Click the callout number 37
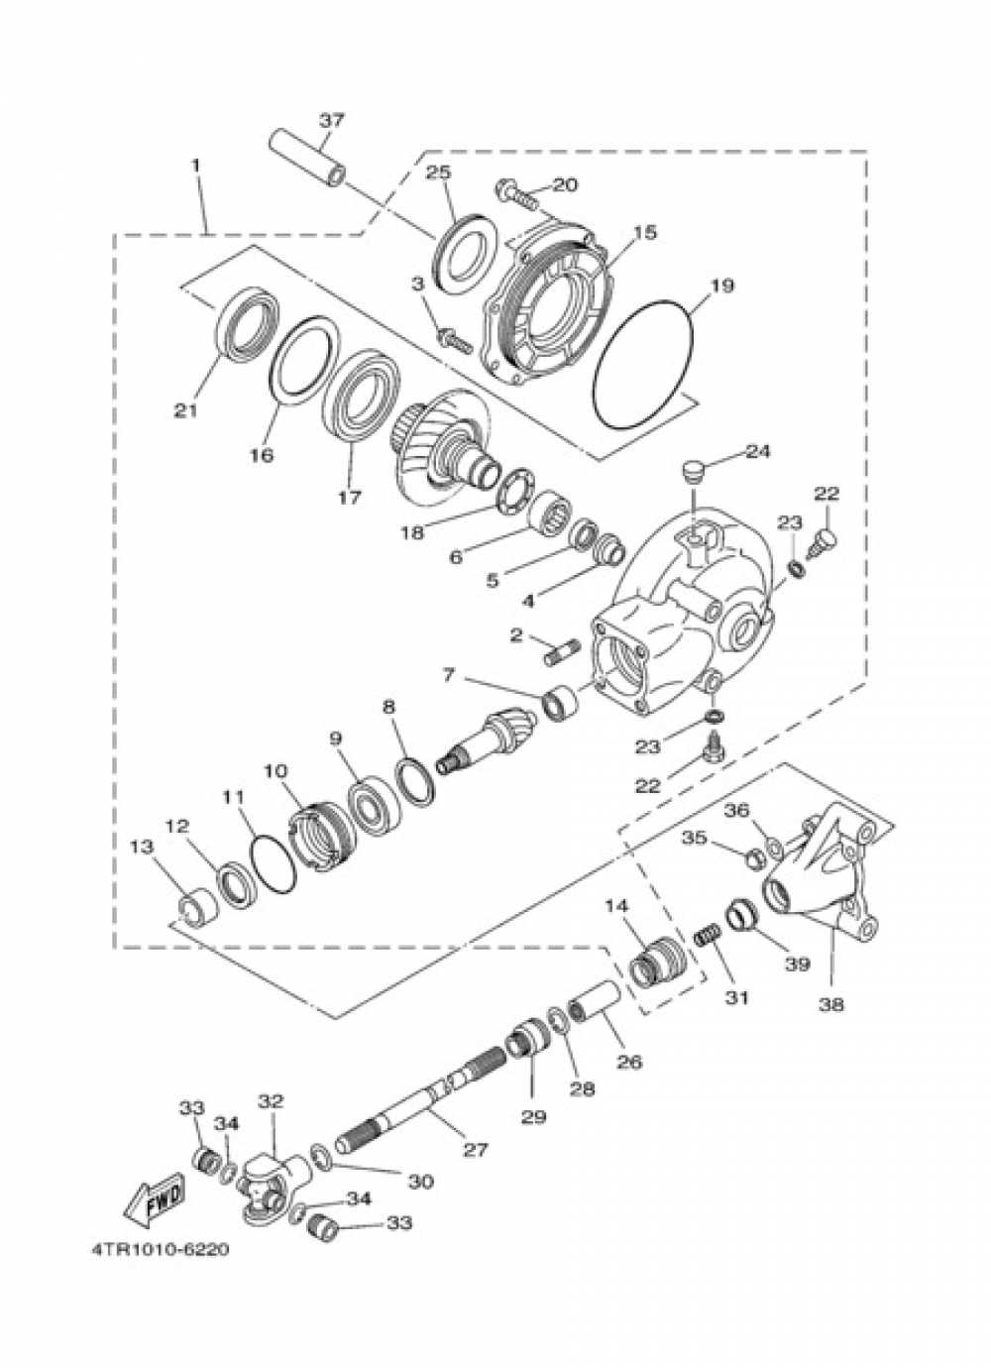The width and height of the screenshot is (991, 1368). coord(331,120)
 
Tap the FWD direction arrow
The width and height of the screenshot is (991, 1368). coord(155,1203)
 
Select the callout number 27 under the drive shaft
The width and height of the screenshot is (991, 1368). coord(476,1150)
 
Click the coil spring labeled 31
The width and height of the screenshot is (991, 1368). coord(706,934)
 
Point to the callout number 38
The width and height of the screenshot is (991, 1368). coord(830,1003)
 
